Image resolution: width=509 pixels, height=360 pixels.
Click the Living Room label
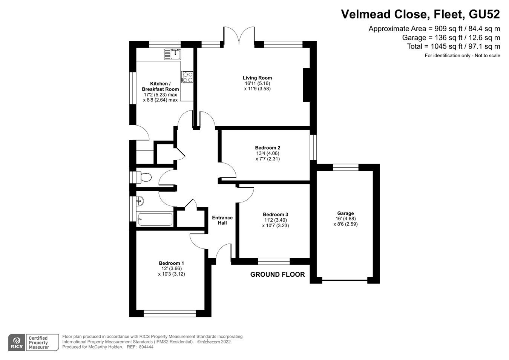257,78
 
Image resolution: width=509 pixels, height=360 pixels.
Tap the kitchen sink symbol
173,54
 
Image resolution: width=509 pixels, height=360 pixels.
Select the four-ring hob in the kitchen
188,77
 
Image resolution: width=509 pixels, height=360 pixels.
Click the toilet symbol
144,177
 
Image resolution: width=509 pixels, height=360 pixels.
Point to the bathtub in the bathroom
155,219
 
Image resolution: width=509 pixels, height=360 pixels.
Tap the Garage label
345,213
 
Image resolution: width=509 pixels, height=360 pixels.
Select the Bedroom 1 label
171,263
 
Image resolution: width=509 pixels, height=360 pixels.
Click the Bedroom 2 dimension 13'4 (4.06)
267,153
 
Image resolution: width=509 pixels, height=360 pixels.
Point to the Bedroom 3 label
275,214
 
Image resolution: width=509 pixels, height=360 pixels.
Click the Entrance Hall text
222,220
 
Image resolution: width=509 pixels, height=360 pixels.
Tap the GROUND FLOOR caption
277,274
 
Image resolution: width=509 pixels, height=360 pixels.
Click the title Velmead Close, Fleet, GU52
420,14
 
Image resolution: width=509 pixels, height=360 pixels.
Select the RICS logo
17,342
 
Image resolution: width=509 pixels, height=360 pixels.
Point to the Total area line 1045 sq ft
453,46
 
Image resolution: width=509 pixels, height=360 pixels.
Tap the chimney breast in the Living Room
307,85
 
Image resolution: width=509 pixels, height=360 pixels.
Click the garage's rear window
345,167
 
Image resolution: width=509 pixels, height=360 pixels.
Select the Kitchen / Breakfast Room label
160,86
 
